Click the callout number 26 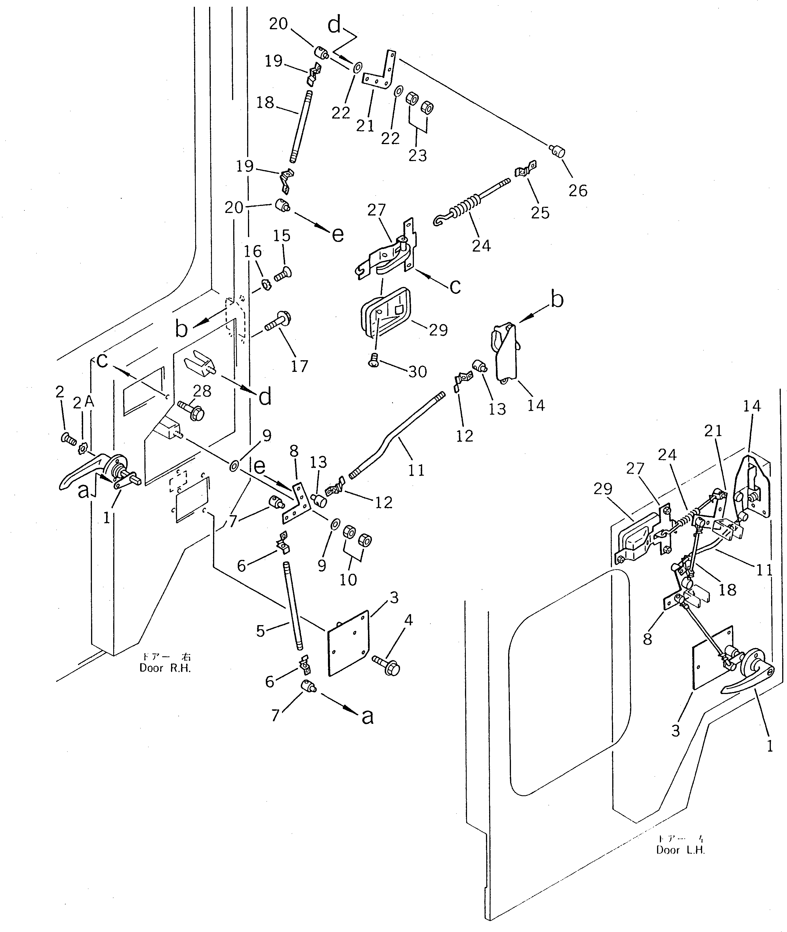tap(578, 191)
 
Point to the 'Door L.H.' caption tap(680, 850)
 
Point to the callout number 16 tap(252, 252)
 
